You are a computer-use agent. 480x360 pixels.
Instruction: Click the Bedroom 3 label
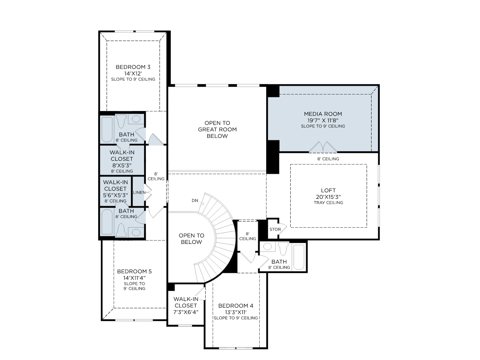(x=133, y=67)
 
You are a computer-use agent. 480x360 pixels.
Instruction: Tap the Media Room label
(x=323, y=114)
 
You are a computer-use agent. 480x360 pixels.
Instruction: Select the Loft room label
(x=328, y=190)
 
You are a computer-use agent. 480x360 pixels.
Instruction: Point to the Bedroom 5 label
(x=134, y=271)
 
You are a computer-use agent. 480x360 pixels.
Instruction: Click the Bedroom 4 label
(x=236, y=306)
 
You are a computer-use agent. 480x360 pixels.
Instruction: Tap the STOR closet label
(x=275, y=229)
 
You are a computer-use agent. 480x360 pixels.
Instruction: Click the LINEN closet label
(x=139, y=192)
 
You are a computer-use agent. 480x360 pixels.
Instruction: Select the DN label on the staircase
(x=195, y=200)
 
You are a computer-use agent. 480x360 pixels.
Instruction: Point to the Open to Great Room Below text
(x=217, y=129)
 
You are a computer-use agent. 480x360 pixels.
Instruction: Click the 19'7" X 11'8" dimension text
(x=323, y=120)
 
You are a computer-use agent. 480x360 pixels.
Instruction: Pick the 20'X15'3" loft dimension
(x=328, y=197)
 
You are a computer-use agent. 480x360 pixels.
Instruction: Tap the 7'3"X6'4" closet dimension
(x=186, y=312)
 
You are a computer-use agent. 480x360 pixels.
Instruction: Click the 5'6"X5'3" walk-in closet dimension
(x=115, y=195)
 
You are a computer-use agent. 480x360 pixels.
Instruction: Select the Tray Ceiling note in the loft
(x=328, y=202)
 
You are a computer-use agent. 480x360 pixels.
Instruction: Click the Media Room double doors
(x=323, y=147)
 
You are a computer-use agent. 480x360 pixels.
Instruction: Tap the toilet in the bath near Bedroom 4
(x=283, y=248)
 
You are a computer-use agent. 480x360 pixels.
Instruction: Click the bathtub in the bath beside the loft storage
(x=299, y=257)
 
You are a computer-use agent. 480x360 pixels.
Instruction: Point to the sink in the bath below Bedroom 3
(x=136, y=119)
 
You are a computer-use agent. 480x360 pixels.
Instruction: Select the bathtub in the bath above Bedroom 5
(x=107, y=222)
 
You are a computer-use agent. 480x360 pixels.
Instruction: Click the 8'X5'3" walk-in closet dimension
(x=122, y=165)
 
